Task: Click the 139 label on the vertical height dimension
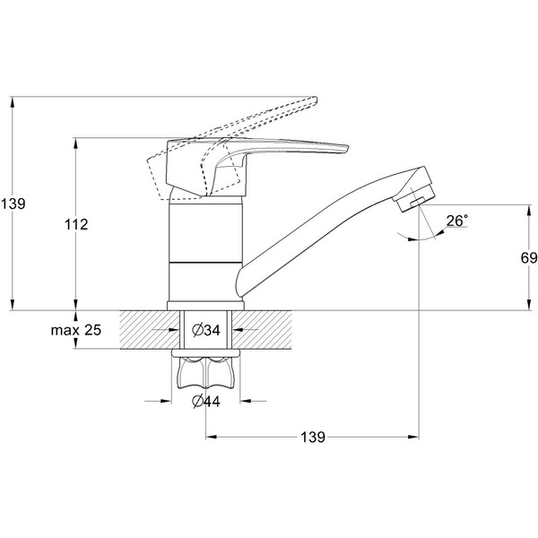click(13, 204)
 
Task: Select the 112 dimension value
click(76, 225)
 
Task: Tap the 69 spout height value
click(528, 258)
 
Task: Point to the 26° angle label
click(457, 221)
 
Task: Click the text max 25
click(76, 331)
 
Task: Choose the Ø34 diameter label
click(207, 331)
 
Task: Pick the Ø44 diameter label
click(206, 401)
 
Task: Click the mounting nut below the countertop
click(207, 369)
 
